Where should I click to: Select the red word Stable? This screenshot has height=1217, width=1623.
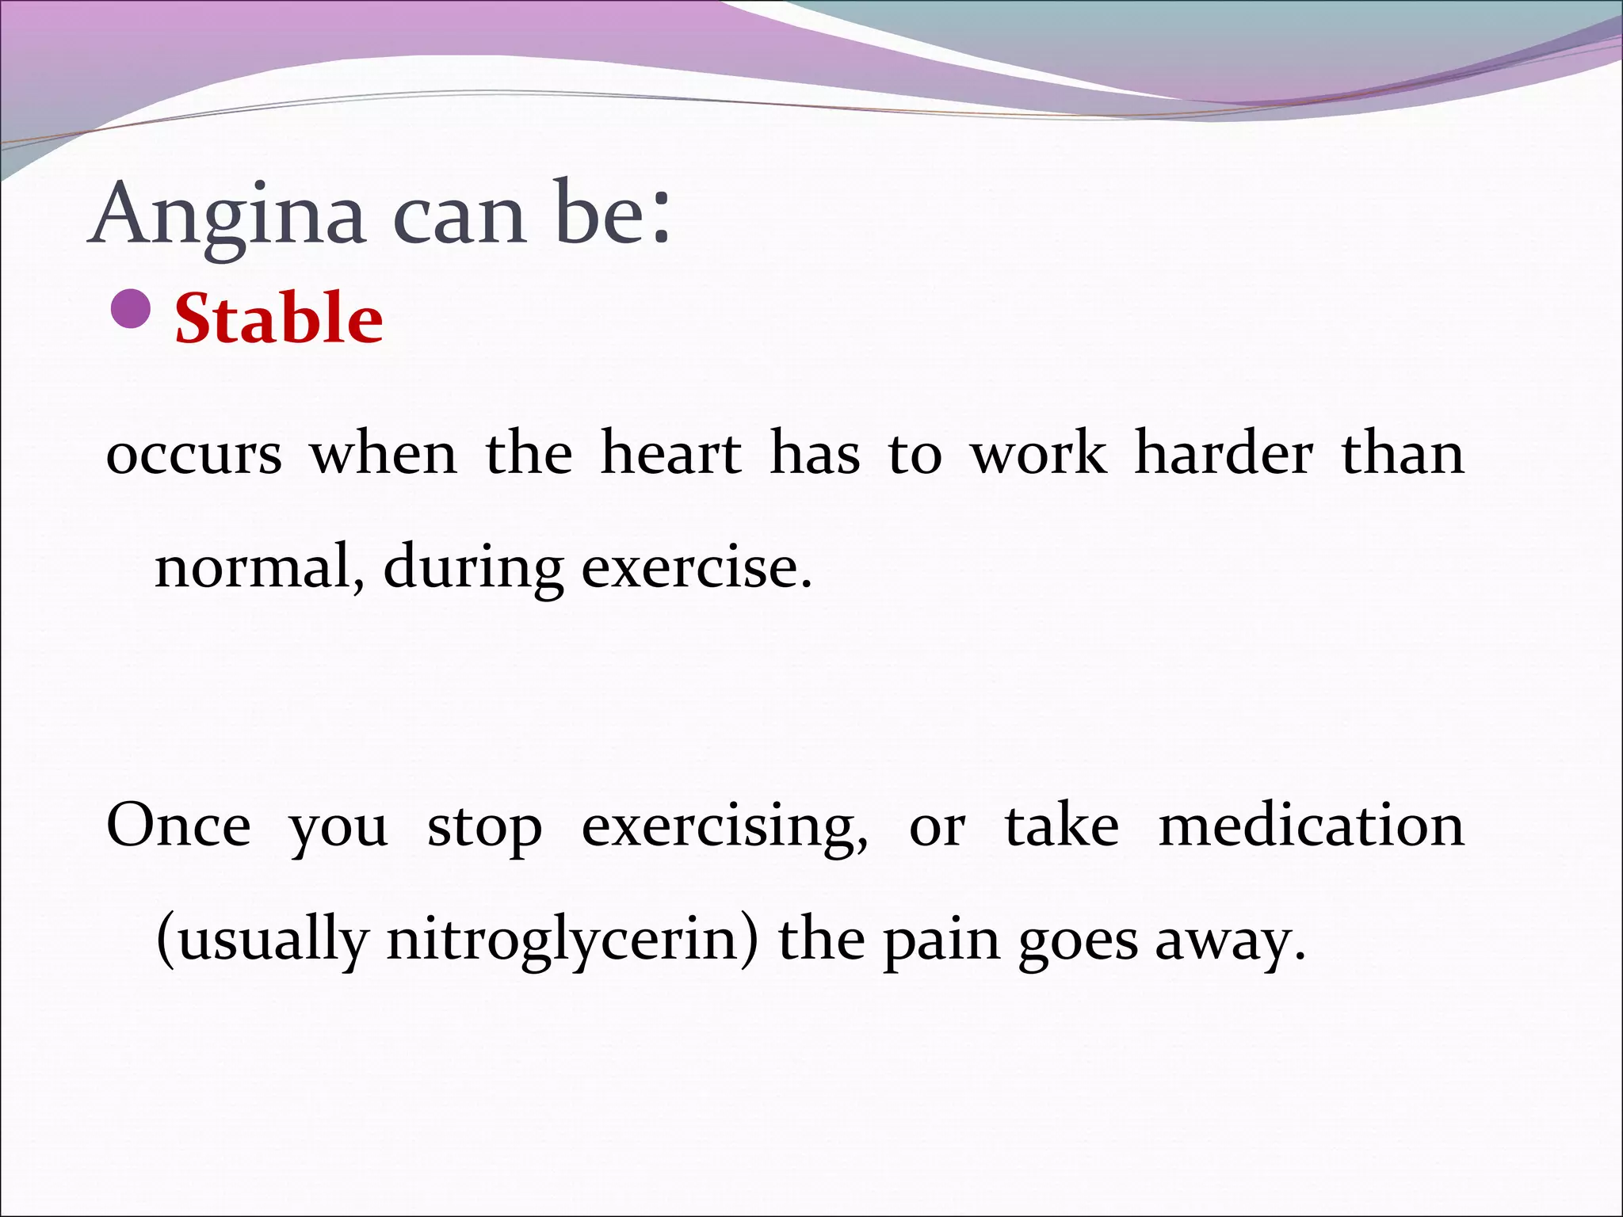[x=279, y=319]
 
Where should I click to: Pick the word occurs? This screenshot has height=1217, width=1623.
[x=194, y=456]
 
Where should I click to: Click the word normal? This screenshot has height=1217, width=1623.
[x=259, y=568]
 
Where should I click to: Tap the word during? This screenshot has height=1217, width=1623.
[x=473, y=570]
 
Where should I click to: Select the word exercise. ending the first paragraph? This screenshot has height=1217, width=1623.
[x=697, y=568]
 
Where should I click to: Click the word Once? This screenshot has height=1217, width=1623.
[x=179, y=826]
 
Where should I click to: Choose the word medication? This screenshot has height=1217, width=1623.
[x=1312, y=826]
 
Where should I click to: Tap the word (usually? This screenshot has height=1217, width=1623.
[x=262, y=941]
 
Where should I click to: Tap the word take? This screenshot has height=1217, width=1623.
[x=1062, y=826]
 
